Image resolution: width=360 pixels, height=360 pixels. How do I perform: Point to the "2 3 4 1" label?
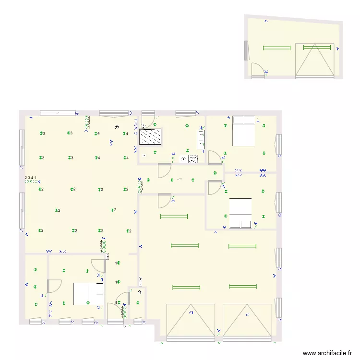[x=31, y=178]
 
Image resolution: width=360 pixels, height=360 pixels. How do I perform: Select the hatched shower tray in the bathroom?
[x=150, y=137]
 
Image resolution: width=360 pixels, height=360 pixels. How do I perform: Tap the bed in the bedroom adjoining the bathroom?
[x=243, y=131]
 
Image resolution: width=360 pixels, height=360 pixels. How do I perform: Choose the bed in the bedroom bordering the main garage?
[x=240, y=213]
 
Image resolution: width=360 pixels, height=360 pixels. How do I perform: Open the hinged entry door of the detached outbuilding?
[x=258, y=71]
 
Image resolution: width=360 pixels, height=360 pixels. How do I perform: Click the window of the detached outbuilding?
[x=247, y=51]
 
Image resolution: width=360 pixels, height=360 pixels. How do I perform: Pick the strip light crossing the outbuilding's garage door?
[x=316, y=48]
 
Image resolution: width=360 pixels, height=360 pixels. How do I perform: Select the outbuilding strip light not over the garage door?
[x=277, y=48]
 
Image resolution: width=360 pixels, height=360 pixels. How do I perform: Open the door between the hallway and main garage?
[x=165, y=200]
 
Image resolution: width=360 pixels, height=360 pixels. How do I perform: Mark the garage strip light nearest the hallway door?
[x=173, y=216]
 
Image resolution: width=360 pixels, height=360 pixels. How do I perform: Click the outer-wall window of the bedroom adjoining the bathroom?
[x=278, y=145]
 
